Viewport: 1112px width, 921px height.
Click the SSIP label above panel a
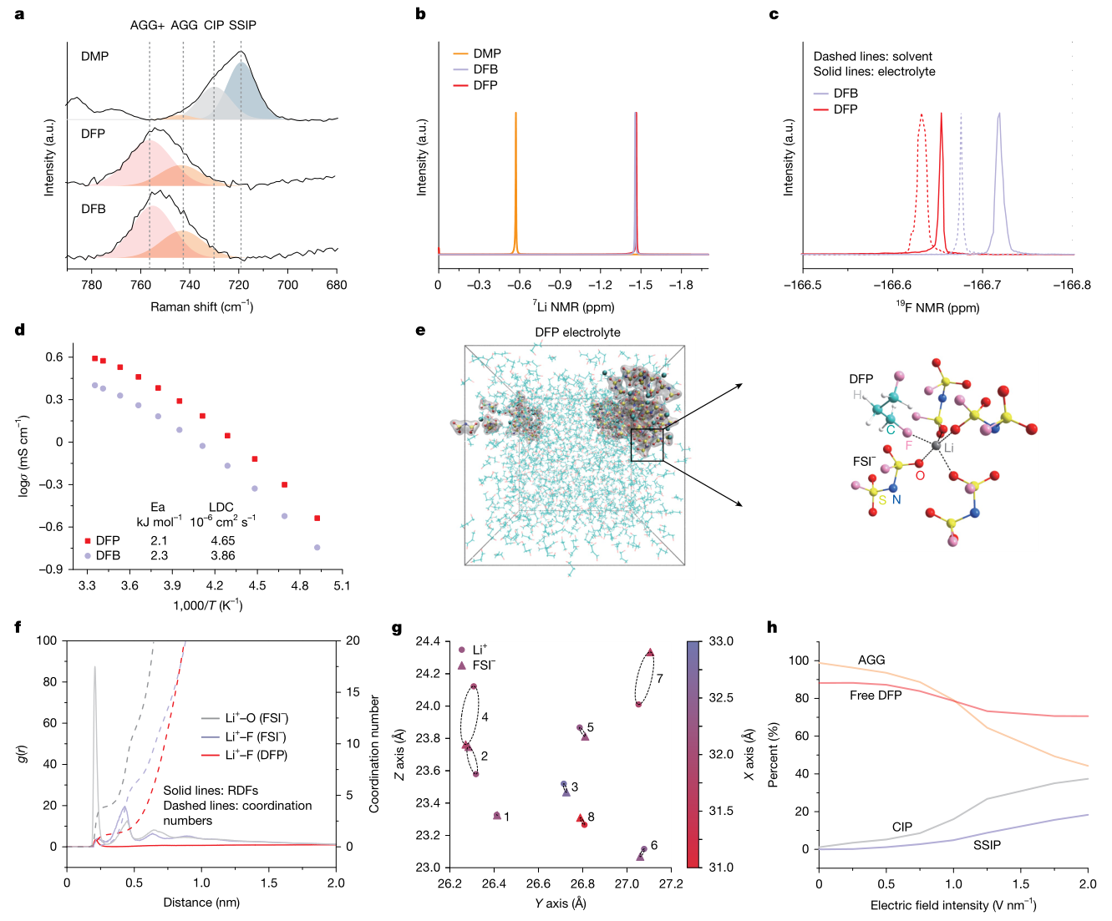[242, 25]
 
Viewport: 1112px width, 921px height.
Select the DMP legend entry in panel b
[486, 53]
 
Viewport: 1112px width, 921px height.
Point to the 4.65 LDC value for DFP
[223, 541]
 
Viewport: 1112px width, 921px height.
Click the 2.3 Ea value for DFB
[159, 555]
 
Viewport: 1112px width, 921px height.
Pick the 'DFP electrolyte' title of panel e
[577, 332]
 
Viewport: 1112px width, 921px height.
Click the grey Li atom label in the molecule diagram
[948, 448]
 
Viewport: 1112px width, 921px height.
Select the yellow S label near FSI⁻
[882, 499]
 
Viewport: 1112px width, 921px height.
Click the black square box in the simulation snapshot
[647, 444]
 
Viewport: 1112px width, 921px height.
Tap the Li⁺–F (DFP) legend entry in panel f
[256, 755]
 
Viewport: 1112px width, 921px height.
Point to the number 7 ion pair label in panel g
[660, 678]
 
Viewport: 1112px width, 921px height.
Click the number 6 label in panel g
[654, 845]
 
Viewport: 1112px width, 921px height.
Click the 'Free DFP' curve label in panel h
[876, 696]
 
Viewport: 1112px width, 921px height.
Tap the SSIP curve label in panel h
[987, 845]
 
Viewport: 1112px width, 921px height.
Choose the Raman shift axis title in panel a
[201, 307]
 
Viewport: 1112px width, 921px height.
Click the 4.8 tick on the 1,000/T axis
[300, 586]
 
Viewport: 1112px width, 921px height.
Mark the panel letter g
[397, 628]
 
